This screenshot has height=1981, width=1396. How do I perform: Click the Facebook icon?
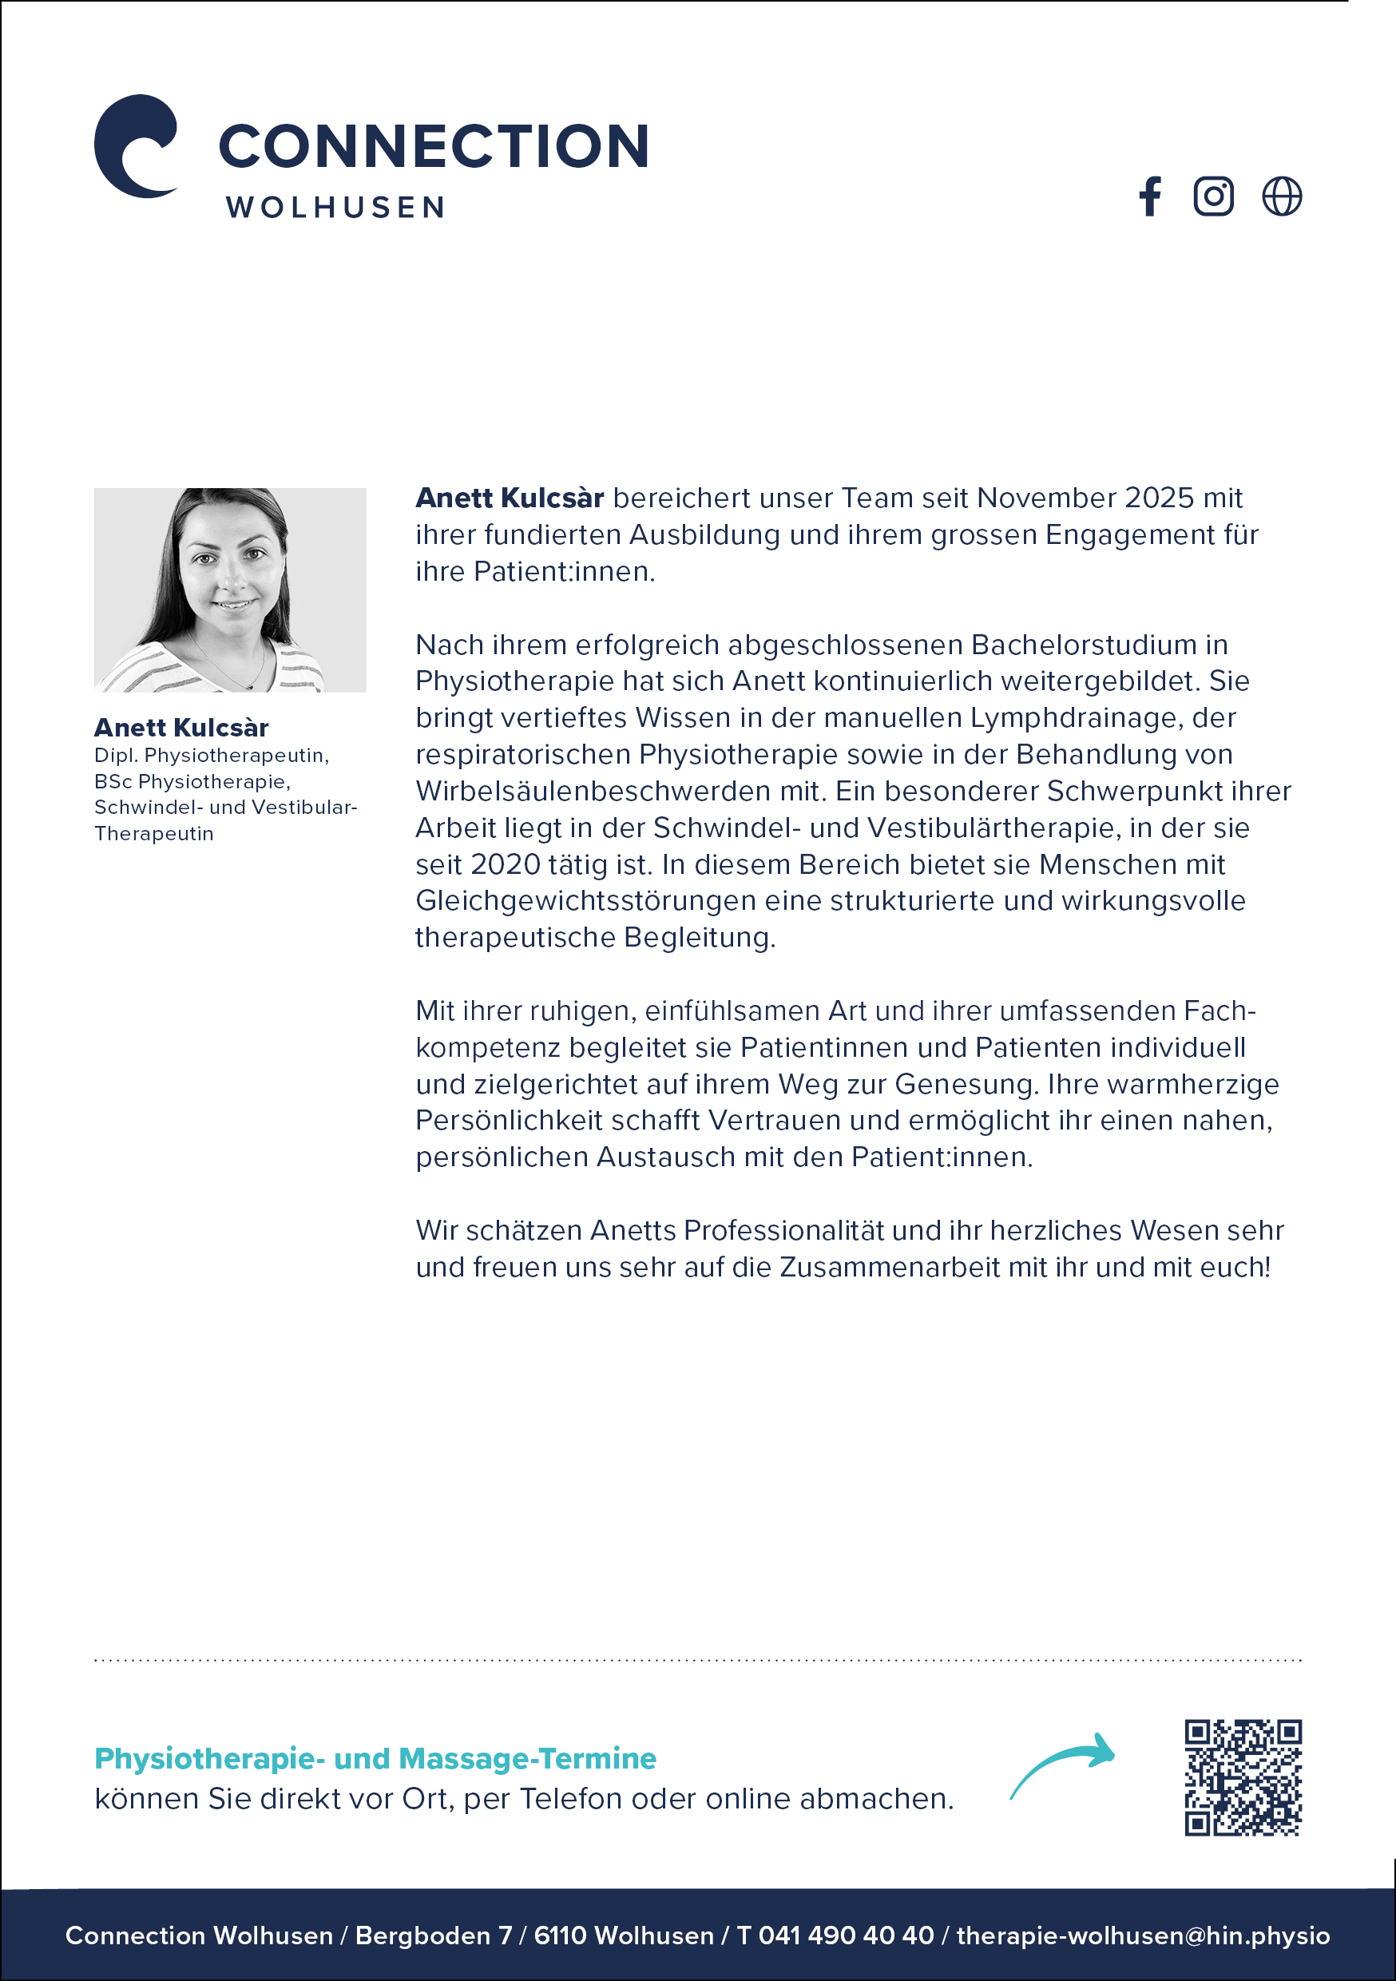tap(1150, 197)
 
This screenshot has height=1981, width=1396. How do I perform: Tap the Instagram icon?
tap(1213, 197)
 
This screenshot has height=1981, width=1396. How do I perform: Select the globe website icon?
tap(1281, 197)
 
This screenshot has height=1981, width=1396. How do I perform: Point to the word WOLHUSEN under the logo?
tap(335, 208)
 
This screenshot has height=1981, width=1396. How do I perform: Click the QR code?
tap(1243, 1777)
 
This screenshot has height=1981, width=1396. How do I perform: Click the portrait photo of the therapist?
tap(229, 590)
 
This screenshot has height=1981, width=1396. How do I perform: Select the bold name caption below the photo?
tap(181, 728)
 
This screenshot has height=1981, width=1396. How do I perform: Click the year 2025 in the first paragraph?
tap(1160, 498)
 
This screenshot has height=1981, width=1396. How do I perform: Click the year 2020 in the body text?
tap(506, 864)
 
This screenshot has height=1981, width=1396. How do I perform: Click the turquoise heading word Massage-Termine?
tap(527, 1758)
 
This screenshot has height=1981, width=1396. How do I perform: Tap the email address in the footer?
tap(1142, 1935)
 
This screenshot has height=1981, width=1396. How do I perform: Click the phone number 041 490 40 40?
tap(846, 1935)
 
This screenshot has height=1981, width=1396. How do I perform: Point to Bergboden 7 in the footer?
tap(433, 1935)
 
